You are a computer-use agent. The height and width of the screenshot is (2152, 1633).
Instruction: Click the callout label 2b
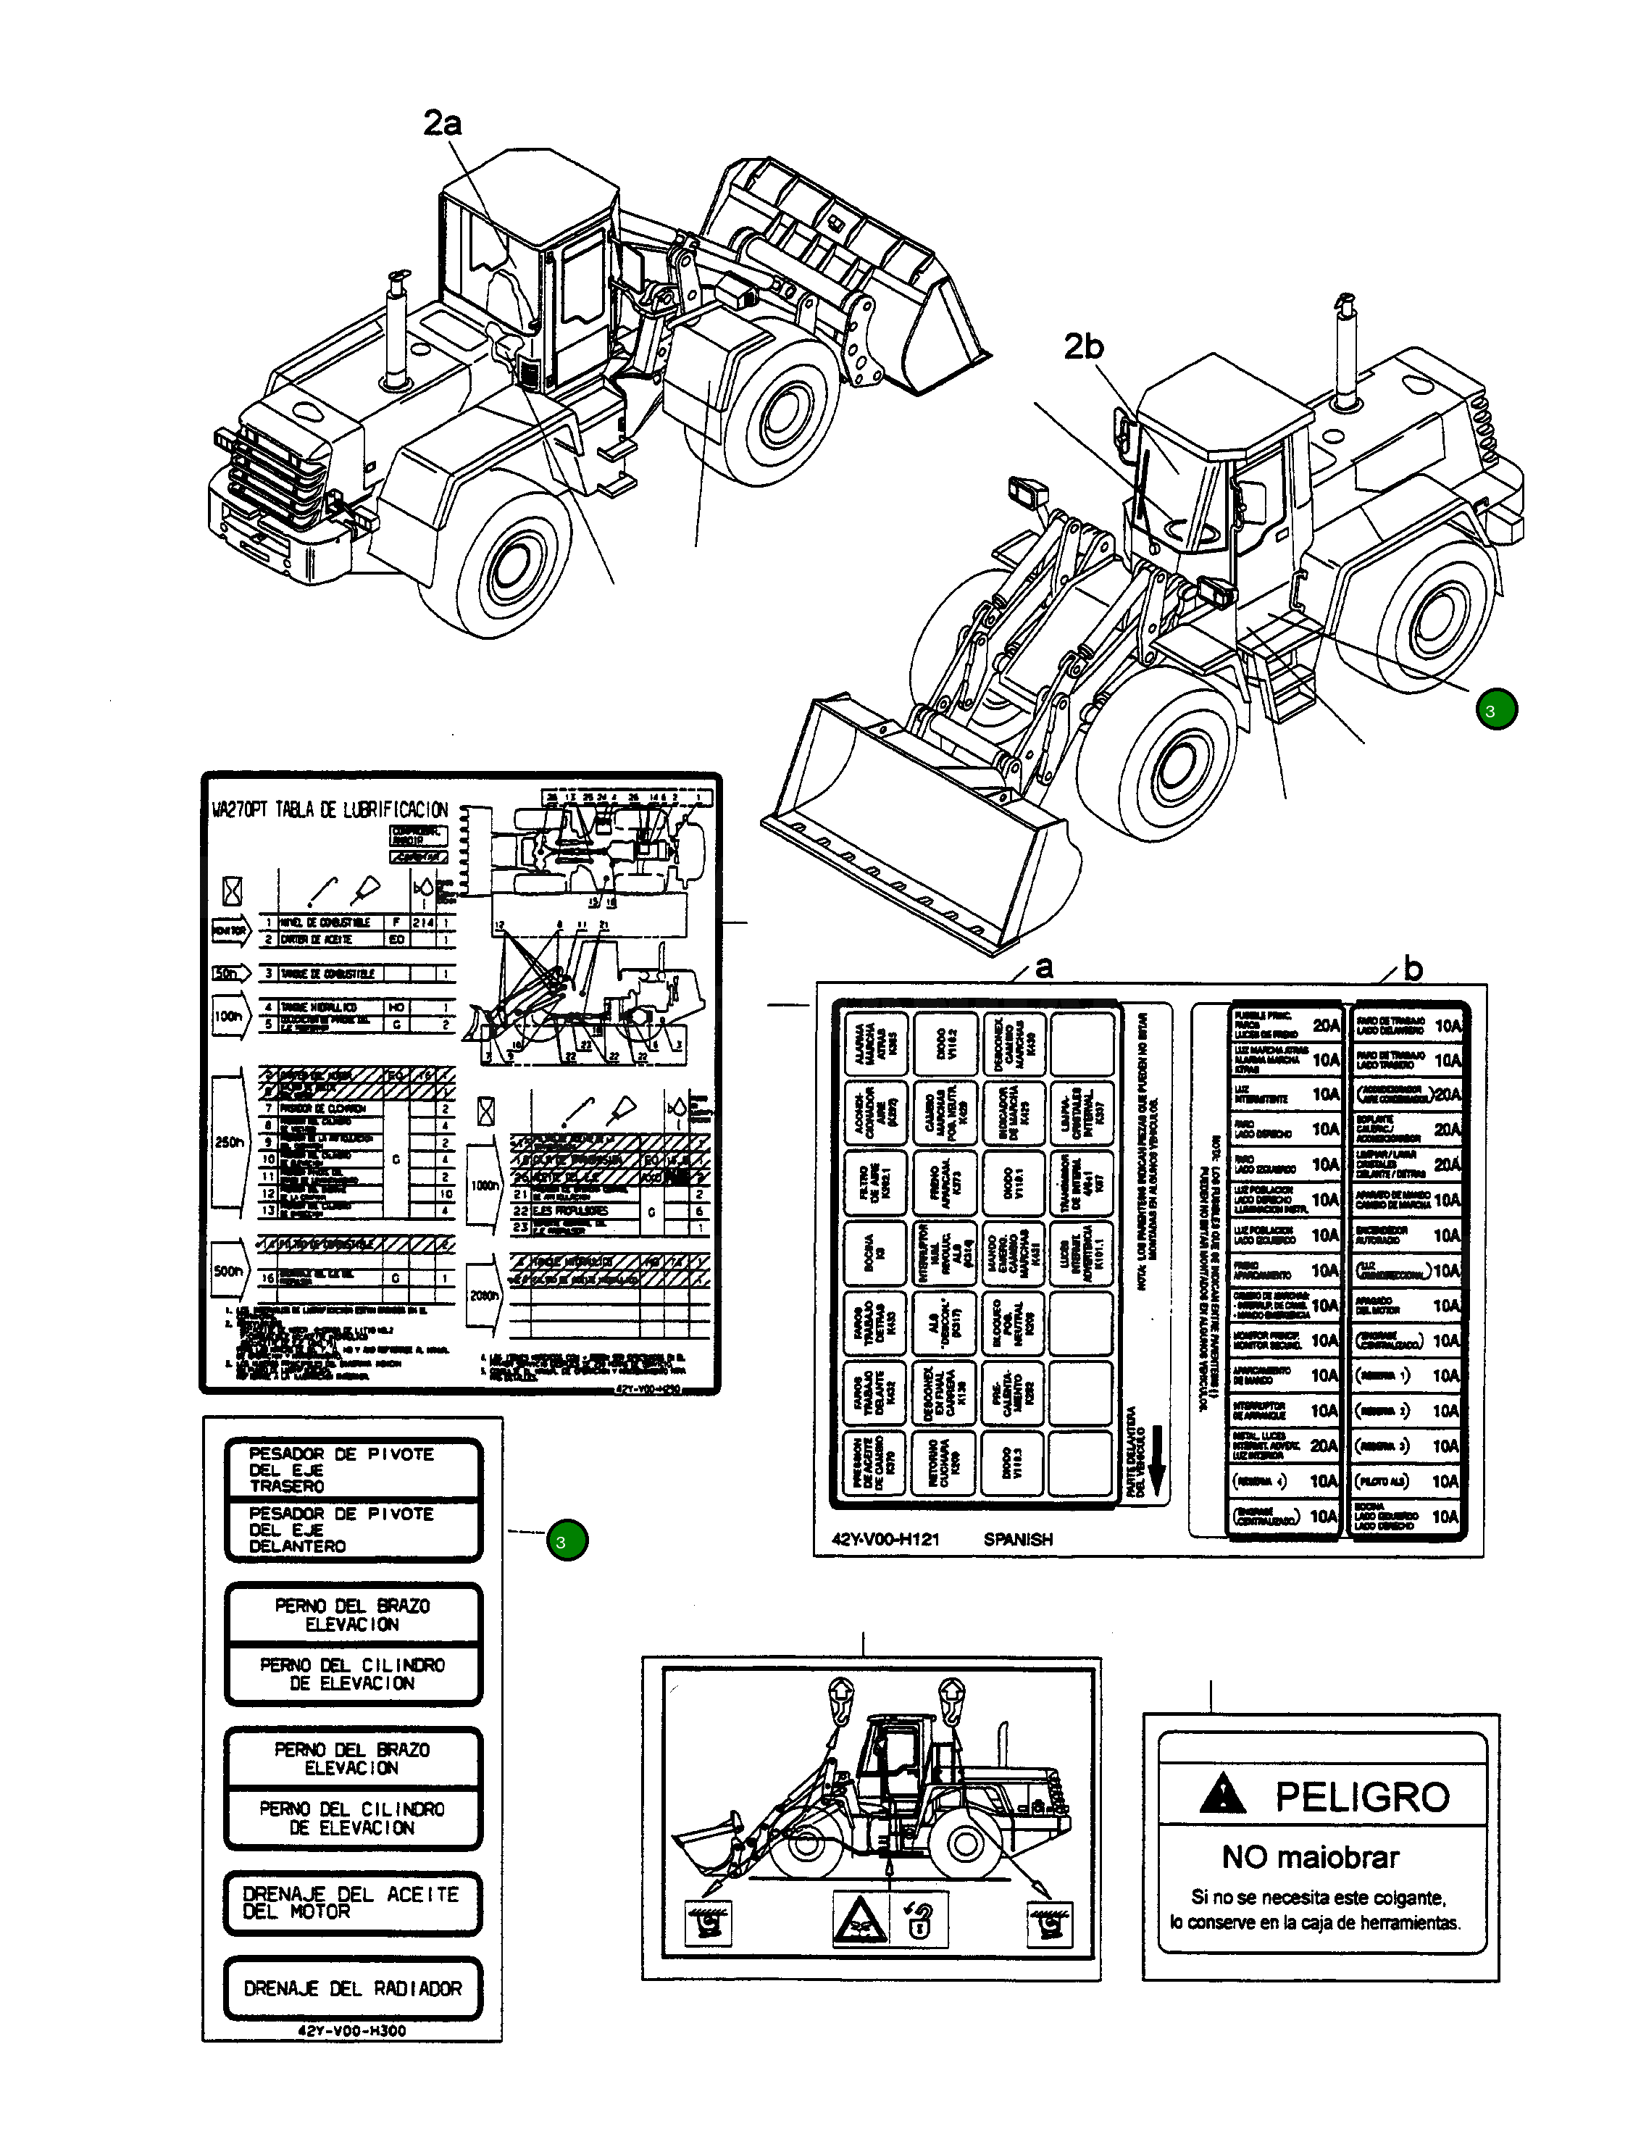[1084, 346]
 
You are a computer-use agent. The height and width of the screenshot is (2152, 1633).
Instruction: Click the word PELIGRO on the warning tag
[1361, 1797]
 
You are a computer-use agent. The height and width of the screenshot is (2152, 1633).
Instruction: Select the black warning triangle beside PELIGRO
[1221, 1795]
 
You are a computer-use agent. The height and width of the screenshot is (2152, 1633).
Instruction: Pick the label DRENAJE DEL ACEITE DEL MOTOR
[351, 1903]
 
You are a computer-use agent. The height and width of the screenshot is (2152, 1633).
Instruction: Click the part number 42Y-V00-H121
[885, 1540]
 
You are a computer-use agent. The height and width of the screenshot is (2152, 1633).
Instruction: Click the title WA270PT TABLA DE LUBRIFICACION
[330, 809]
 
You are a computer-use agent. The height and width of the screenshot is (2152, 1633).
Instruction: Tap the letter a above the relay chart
[1043, 967]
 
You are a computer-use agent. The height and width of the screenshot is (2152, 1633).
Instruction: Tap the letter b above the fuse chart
[1413, 969]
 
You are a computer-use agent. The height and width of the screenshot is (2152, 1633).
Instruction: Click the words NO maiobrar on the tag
[1310, 1857]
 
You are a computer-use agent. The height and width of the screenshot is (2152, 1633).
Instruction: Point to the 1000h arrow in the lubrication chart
[485, 1187]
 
